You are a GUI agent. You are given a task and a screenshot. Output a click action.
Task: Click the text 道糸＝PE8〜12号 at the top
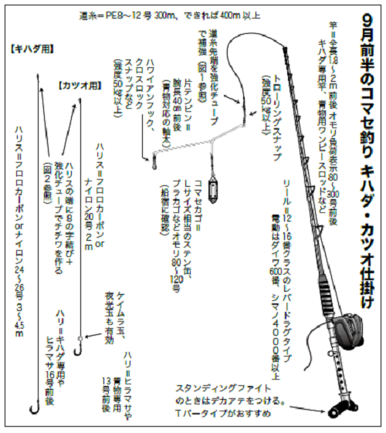click(x=124, y=15)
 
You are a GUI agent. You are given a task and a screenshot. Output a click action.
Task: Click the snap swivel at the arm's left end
click(x=153, y=161)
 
